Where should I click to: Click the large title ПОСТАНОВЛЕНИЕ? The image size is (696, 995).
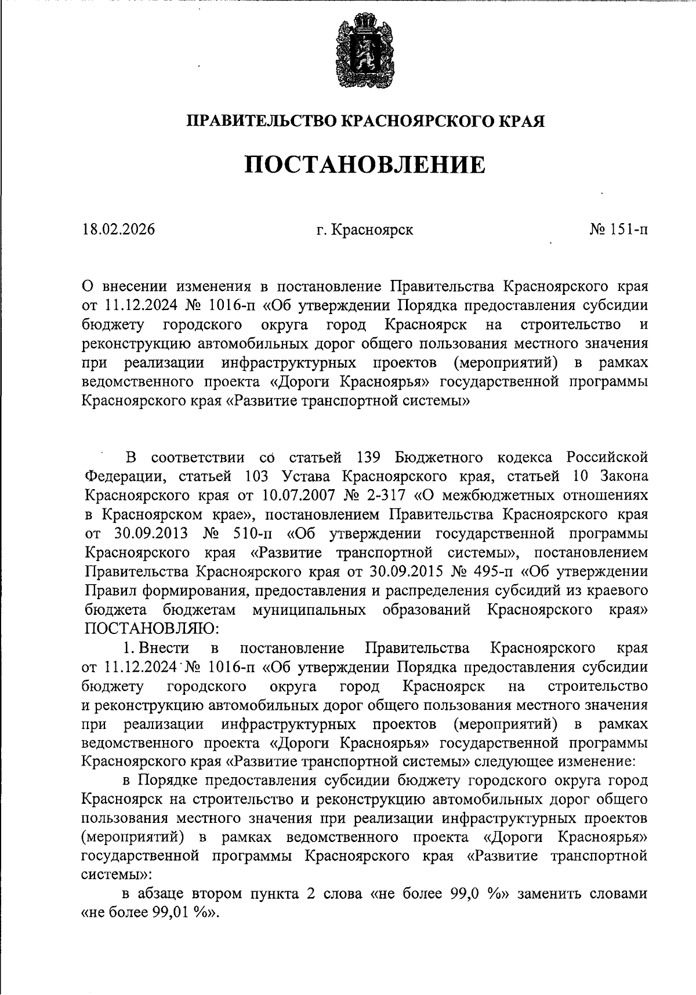[365, 165]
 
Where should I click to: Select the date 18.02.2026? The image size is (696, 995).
[119, 229]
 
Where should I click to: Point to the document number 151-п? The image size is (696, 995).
[629, 229]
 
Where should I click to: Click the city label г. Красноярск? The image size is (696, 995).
[365, 229]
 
